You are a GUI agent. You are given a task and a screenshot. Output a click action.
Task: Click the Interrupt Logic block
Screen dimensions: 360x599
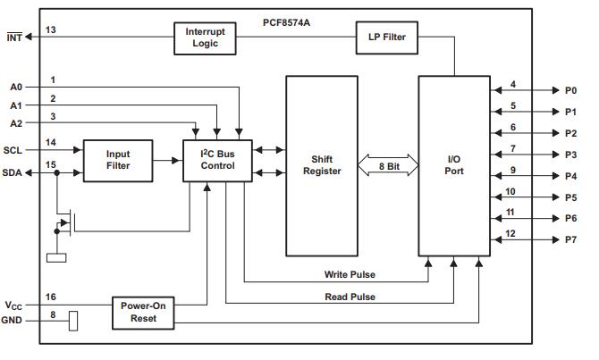[x=207, y=37]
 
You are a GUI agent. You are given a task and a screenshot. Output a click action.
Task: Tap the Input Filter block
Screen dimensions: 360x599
[x=117, y=160]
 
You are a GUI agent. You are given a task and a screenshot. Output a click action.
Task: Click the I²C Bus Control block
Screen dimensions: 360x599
[x=218, y=160]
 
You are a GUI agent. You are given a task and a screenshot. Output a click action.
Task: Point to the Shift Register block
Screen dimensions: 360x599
[x=322, y=165]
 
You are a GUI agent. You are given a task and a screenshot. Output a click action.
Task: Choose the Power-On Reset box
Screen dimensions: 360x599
[x=143, y=313]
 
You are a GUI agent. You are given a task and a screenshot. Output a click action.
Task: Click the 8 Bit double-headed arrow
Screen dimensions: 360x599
[x=388, y=166]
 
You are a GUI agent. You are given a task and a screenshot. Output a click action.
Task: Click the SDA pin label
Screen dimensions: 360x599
[x=13, y=172]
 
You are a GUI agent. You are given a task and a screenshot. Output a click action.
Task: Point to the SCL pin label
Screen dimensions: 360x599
[x=13, y=150]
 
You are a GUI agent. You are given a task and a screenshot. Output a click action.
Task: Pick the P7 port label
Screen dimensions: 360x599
[x=570, y=240]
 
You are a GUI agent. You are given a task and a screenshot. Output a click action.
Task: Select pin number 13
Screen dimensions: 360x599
[x=51, y=29]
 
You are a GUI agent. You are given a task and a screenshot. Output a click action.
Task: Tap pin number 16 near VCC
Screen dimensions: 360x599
[x=51, y=296]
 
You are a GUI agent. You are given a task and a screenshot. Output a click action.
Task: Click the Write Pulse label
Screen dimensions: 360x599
[x=350, y=273]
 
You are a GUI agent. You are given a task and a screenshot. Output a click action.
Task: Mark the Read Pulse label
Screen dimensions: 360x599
[x=350, y=296]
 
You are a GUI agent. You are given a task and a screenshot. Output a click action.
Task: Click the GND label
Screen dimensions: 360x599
[x=13, y=320]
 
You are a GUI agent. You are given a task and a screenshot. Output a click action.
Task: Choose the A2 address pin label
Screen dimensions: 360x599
[x=15, y=124]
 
